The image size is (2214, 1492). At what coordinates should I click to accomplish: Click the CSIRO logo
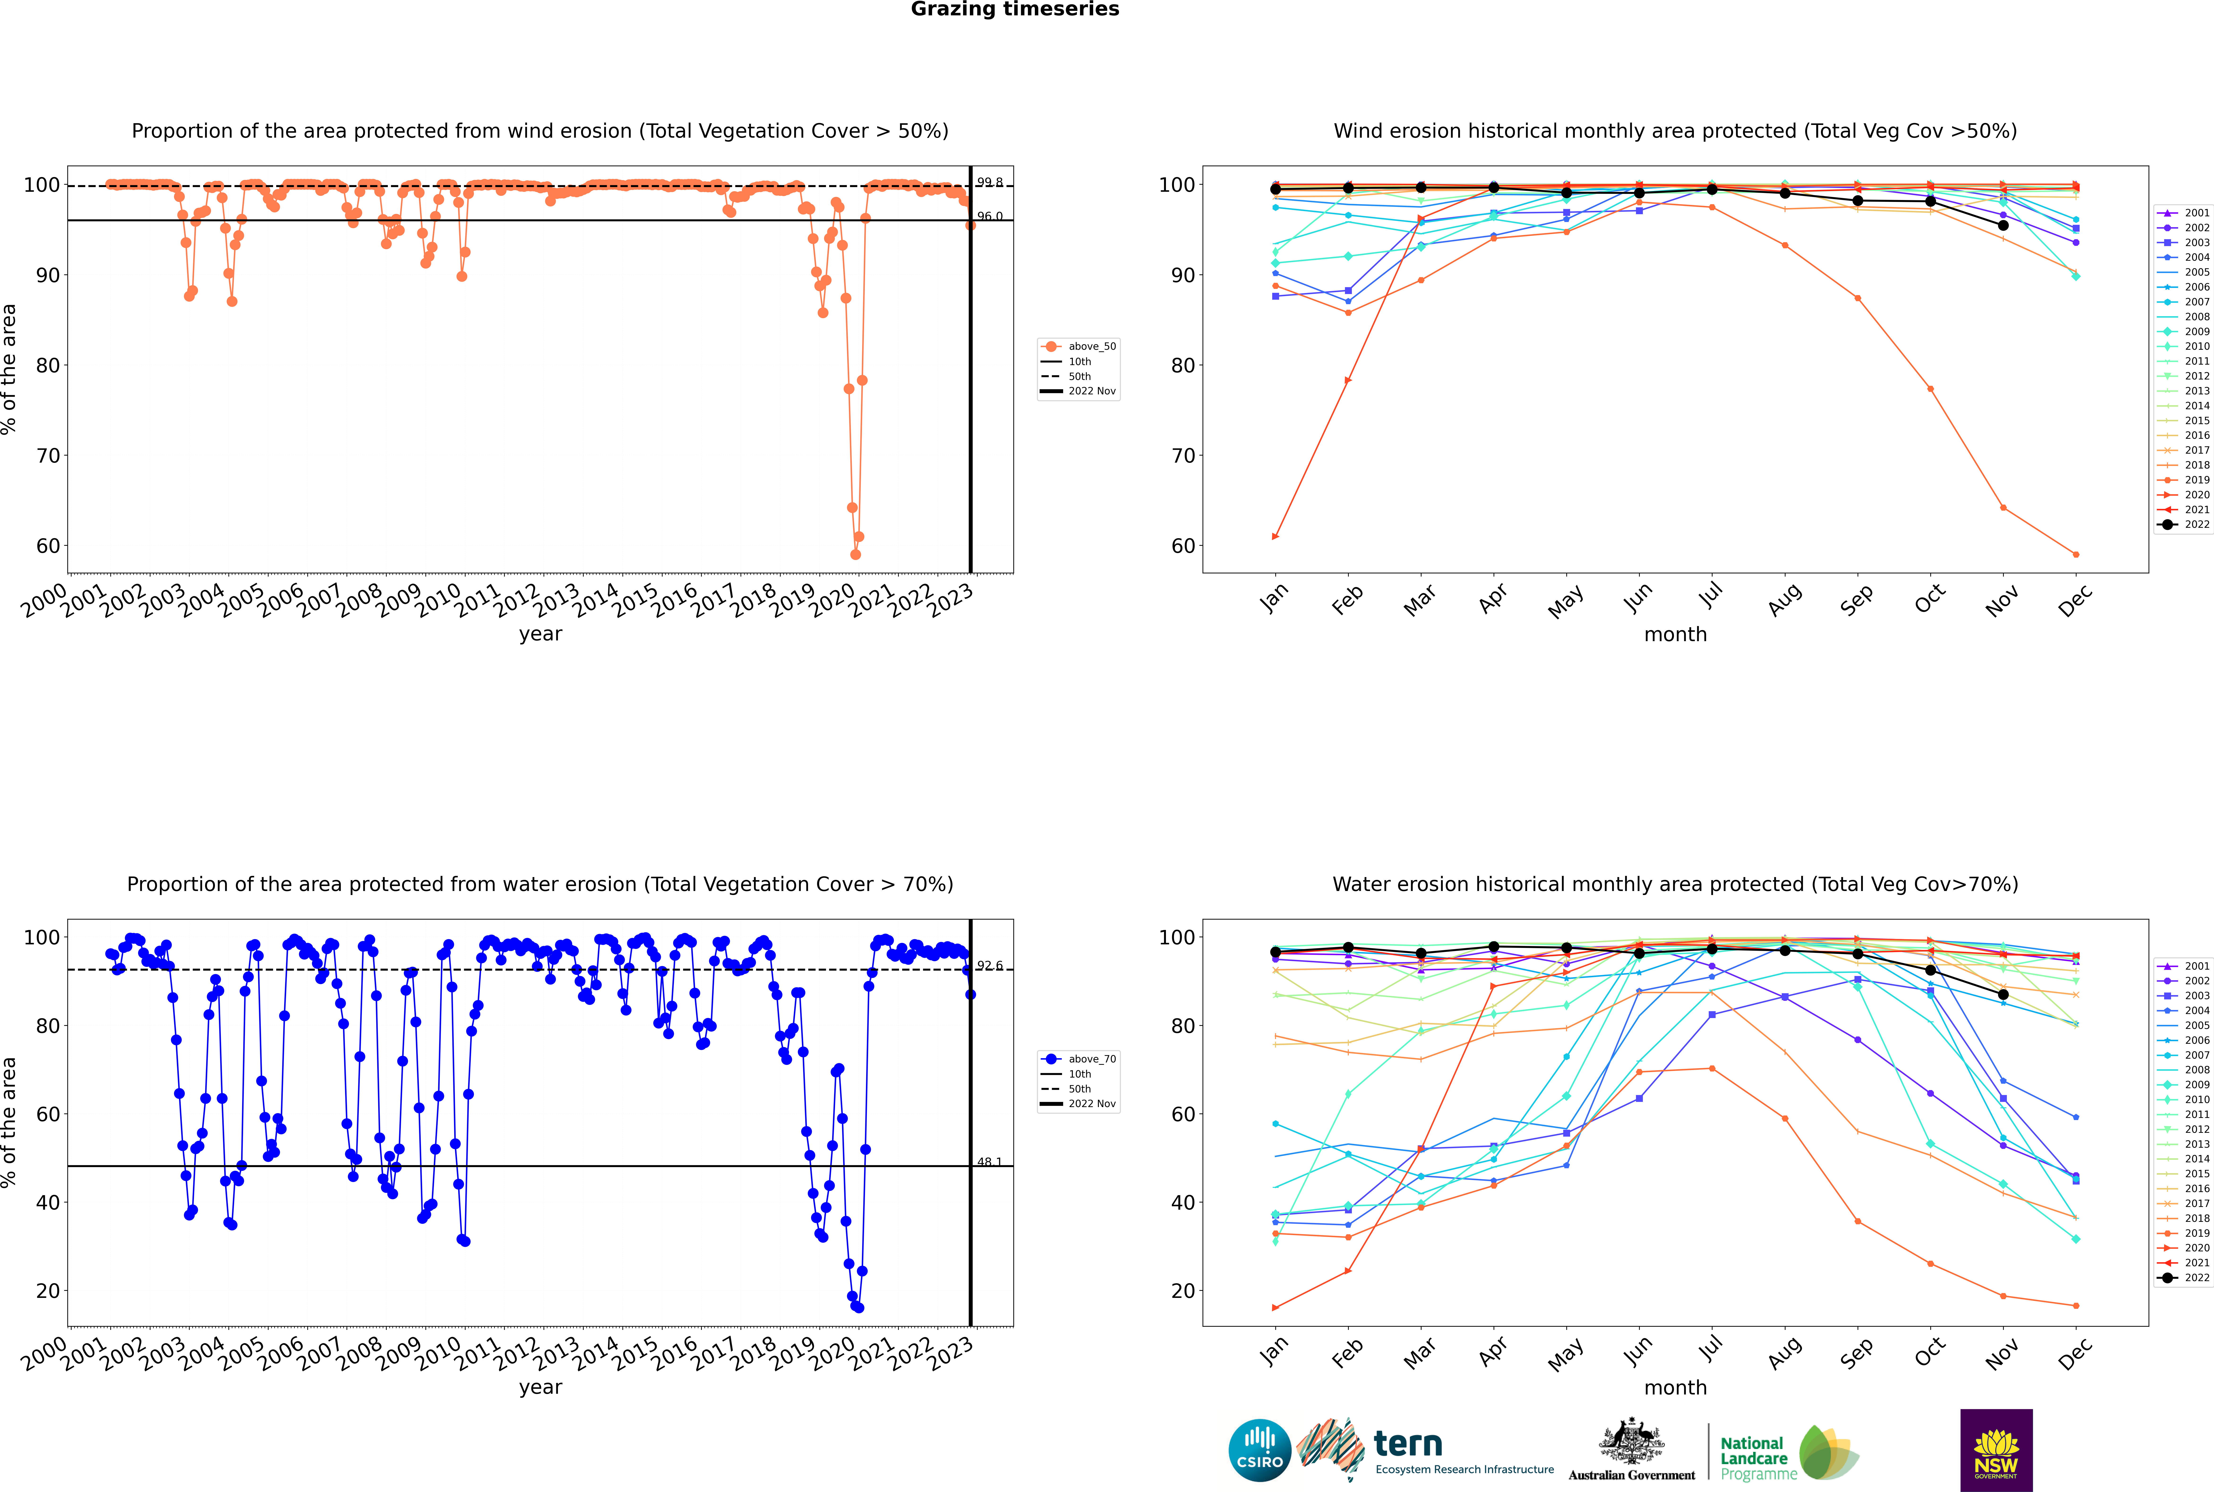coord(1259,1450)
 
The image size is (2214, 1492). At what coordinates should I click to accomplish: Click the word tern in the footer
coord(1408,1445)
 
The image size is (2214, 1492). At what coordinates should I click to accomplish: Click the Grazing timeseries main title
coord(1015,9)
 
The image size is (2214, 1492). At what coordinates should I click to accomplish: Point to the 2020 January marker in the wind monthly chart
coord(1276,537)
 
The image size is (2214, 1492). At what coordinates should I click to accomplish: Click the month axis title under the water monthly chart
coord(1675,1387)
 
